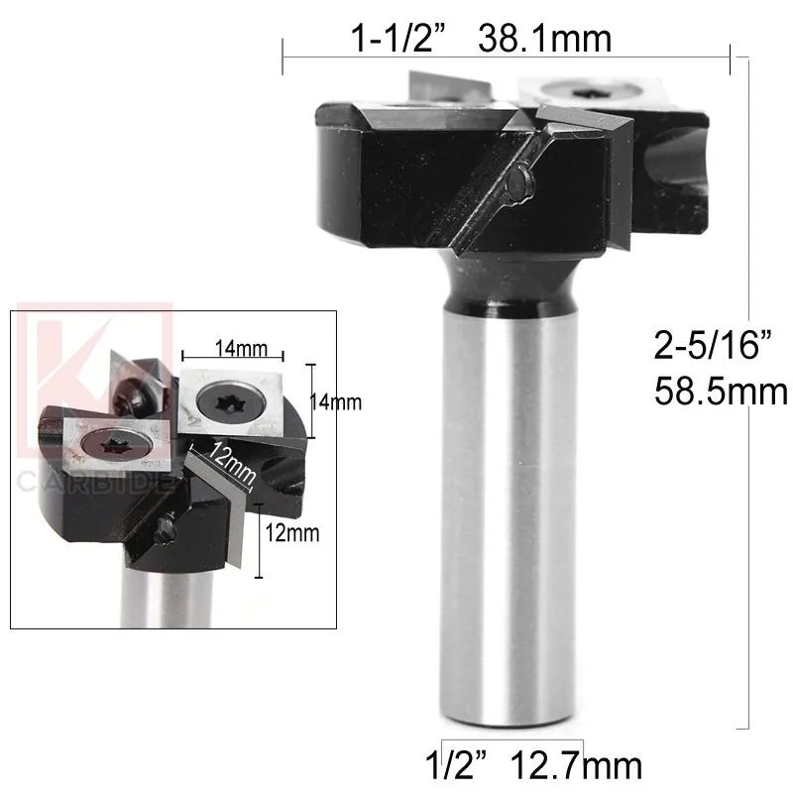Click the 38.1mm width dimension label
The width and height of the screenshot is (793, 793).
click(545, 39)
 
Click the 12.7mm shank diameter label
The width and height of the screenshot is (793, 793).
click(577, 765)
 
